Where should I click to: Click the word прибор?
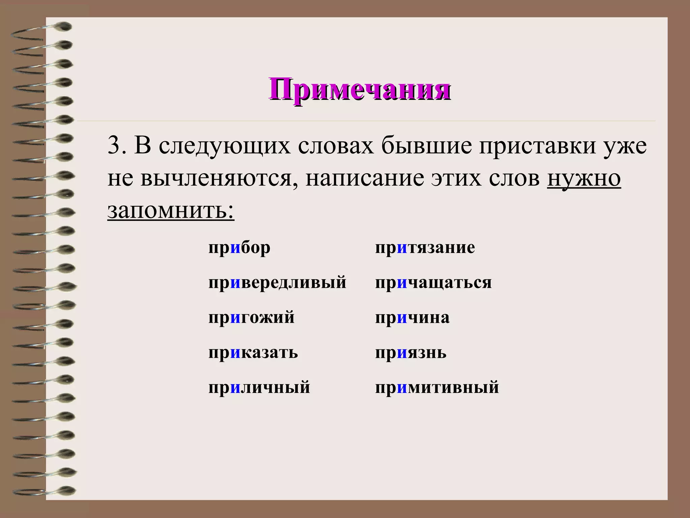239,248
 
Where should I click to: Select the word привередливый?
277,283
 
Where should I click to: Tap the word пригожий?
251,318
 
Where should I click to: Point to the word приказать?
253,353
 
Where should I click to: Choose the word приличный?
259,387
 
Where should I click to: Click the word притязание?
425,248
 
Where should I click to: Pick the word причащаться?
433,283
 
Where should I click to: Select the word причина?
412,318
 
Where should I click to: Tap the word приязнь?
411,353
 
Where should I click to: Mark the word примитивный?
437,387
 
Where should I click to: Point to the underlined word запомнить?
170,210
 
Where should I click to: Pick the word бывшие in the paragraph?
427,146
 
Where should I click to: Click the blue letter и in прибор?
236,248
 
